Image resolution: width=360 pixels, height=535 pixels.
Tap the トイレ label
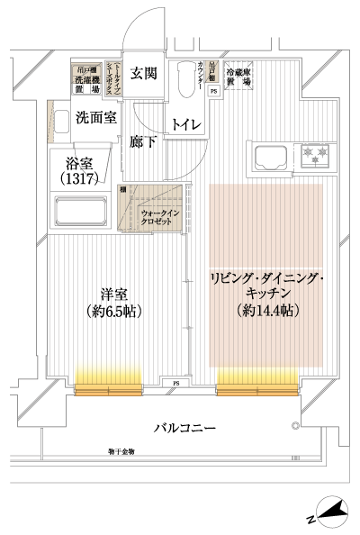click(x=186, y=123)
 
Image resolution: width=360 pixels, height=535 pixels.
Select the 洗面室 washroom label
click(x=94, y=117)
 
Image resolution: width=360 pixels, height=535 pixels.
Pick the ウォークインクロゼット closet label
click(x=160, y=217)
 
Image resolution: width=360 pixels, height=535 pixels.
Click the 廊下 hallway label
click(x=141, y=141)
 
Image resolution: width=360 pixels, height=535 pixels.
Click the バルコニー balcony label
click(x=183, y=427)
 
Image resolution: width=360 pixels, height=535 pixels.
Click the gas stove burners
click(x=316, y=155)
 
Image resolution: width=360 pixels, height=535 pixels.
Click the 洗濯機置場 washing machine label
click(x=86, y=81)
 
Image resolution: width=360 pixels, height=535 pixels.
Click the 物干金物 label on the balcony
click(x=119, y=450)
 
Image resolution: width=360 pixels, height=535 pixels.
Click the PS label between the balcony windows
click(x=177, y=385)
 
